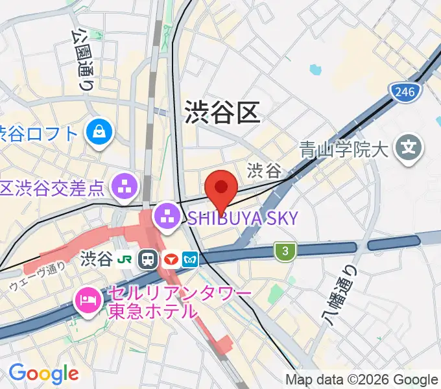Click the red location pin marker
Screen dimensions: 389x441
coord(220,187)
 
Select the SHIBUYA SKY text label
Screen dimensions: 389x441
coord(244,218)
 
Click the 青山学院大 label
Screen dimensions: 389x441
coord(344,150)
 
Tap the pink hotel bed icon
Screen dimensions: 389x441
coord(86,300)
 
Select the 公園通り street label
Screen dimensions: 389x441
coord(82,57)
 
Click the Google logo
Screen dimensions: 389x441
coord(43,373)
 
